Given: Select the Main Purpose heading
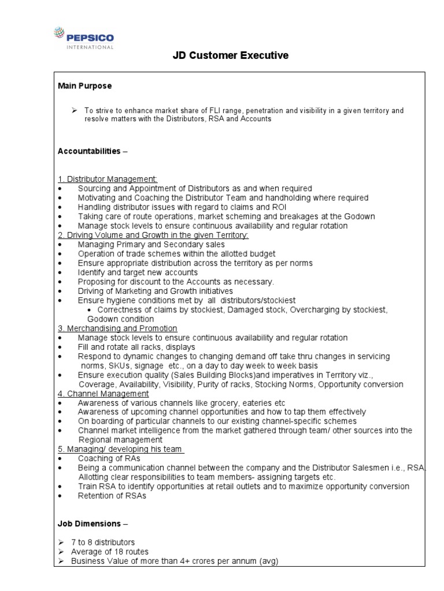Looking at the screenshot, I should point(85,86).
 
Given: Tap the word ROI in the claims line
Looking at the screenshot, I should point(277,207).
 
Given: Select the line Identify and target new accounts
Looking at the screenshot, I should point(138,272).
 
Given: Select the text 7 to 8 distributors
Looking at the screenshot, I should point(103,543).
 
